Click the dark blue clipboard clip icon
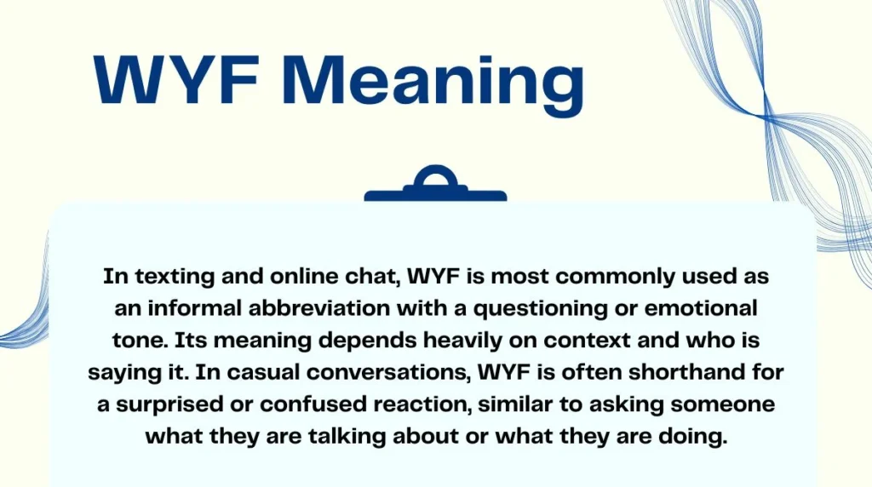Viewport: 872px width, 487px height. tap(435, 186)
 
